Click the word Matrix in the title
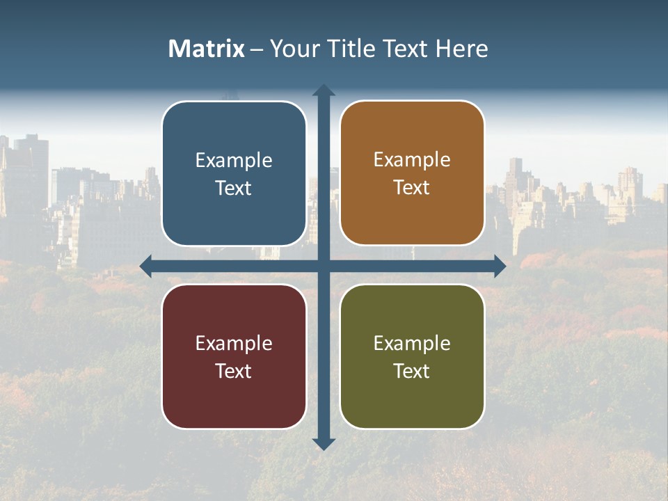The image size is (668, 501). click(x=207, y=49)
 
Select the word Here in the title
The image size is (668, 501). click(x=461, y=49)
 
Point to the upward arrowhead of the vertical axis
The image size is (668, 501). click(x=324, y=90)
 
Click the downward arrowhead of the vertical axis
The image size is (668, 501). click(x=324, y=444)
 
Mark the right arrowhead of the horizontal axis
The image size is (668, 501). click(x=500, y=266)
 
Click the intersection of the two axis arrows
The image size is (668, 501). click(x=324, y=266)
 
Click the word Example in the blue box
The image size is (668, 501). click(x=234, y=161)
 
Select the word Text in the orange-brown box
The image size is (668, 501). click(x=412, y=188)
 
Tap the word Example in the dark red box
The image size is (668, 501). click(x=234, y=344)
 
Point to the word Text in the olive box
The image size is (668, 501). click(x=412, y=372)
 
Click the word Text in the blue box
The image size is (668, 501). click(x=234, y=189)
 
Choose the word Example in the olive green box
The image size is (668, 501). click(x=412, y=344)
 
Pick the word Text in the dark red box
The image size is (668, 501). click(x=234, y=372)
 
